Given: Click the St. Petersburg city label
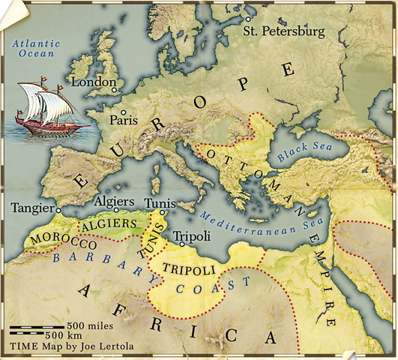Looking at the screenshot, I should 284,32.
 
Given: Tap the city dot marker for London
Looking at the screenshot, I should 115,89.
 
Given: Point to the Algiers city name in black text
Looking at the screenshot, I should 114,202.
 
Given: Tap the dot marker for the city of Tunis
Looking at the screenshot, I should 162,212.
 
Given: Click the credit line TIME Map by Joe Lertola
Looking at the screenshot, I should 63,347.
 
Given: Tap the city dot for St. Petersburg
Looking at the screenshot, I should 248,19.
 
